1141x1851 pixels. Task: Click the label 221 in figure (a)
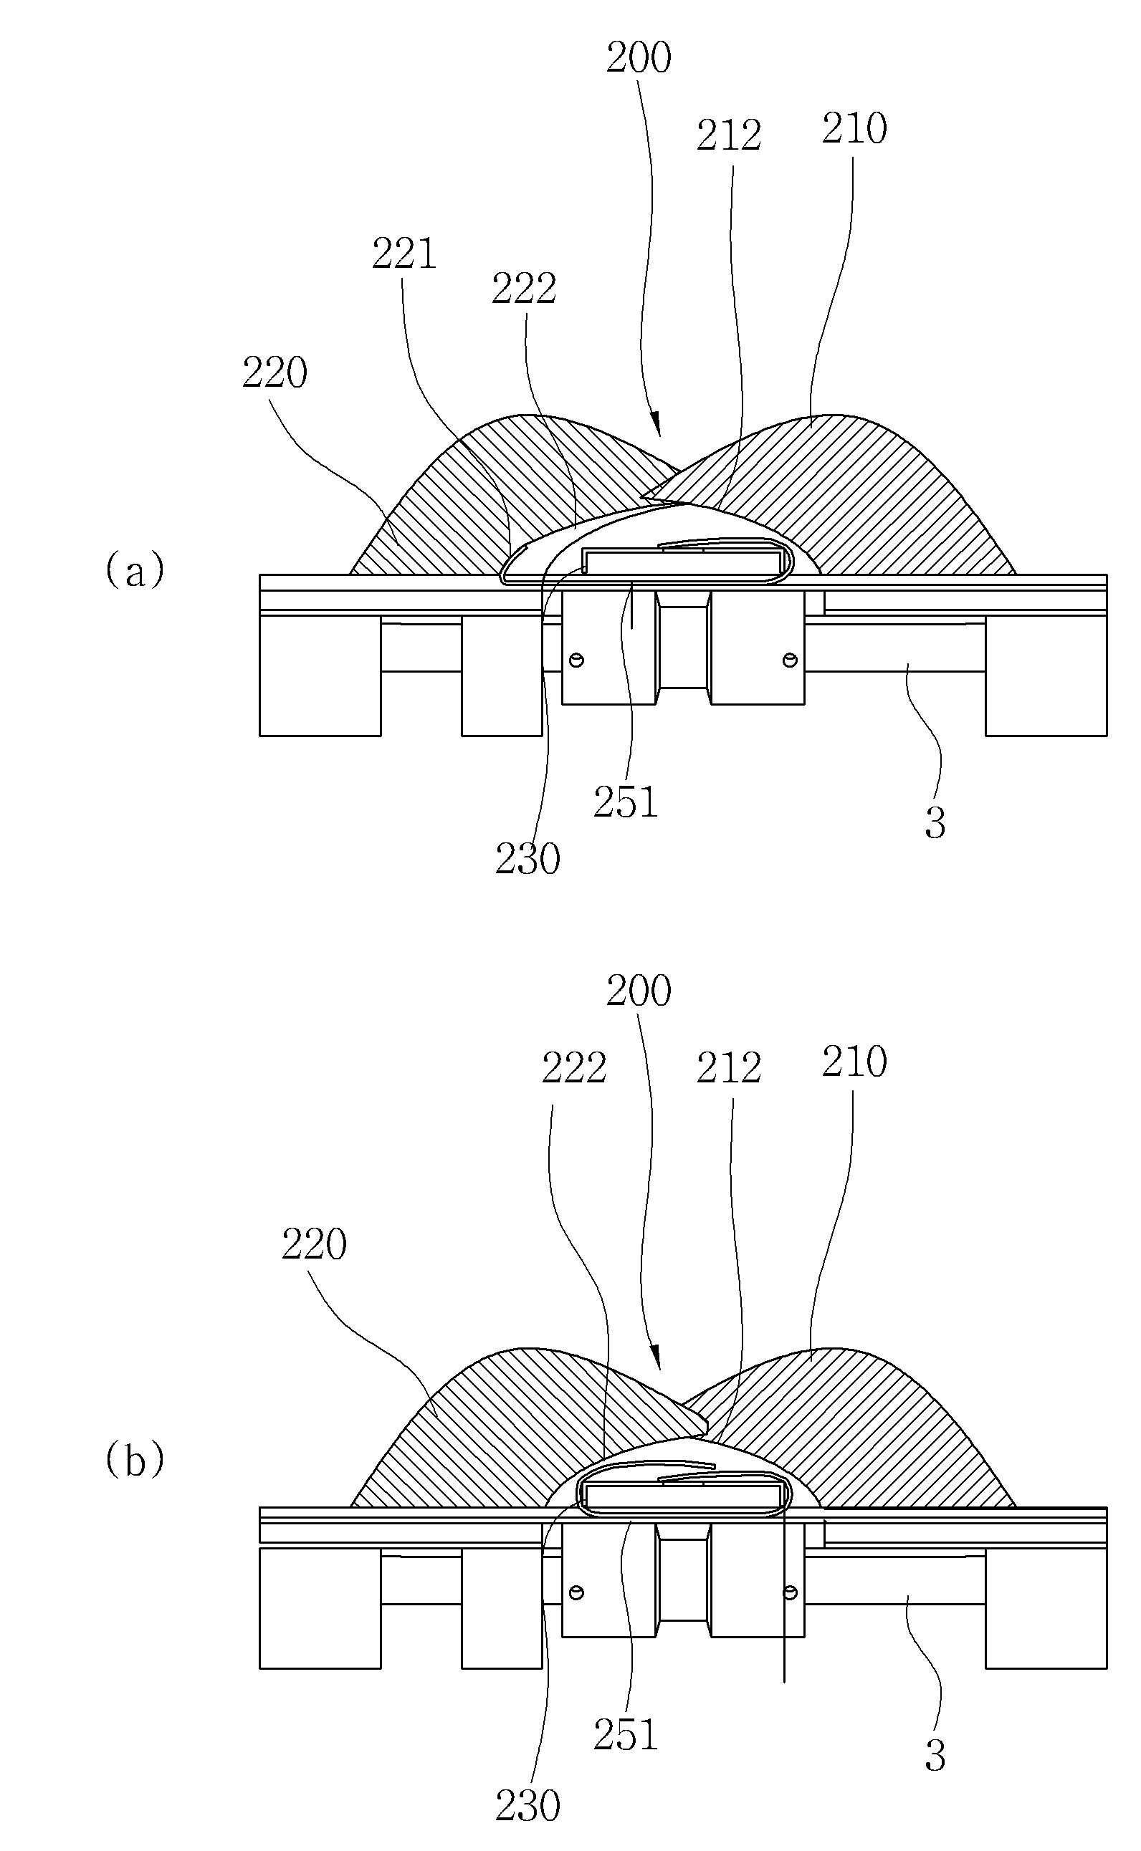[x=404, y=254]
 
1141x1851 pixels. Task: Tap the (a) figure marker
[x=134, y=570]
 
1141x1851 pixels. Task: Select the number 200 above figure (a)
[x=639, y=57]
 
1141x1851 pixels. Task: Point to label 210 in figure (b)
[x=854, y=1062]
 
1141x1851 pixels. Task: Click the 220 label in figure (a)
[x=274, y=372]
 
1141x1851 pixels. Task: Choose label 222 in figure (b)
[x=574, y=1067]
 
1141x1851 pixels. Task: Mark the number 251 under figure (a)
[x=626, y=802]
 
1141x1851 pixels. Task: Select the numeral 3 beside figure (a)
[x=935, y=824]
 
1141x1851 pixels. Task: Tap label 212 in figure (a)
[x=728, y=136]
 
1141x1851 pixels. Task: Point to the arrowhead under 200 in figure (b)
[x=657, y=1356]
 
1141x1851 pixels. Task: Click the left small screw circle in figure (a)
[x=577, y=660]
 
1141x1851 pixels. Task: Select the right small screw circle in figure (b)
[x=790, y=1592]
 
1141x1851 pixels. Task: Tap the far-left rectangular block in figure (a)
[x=320, y=673]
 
